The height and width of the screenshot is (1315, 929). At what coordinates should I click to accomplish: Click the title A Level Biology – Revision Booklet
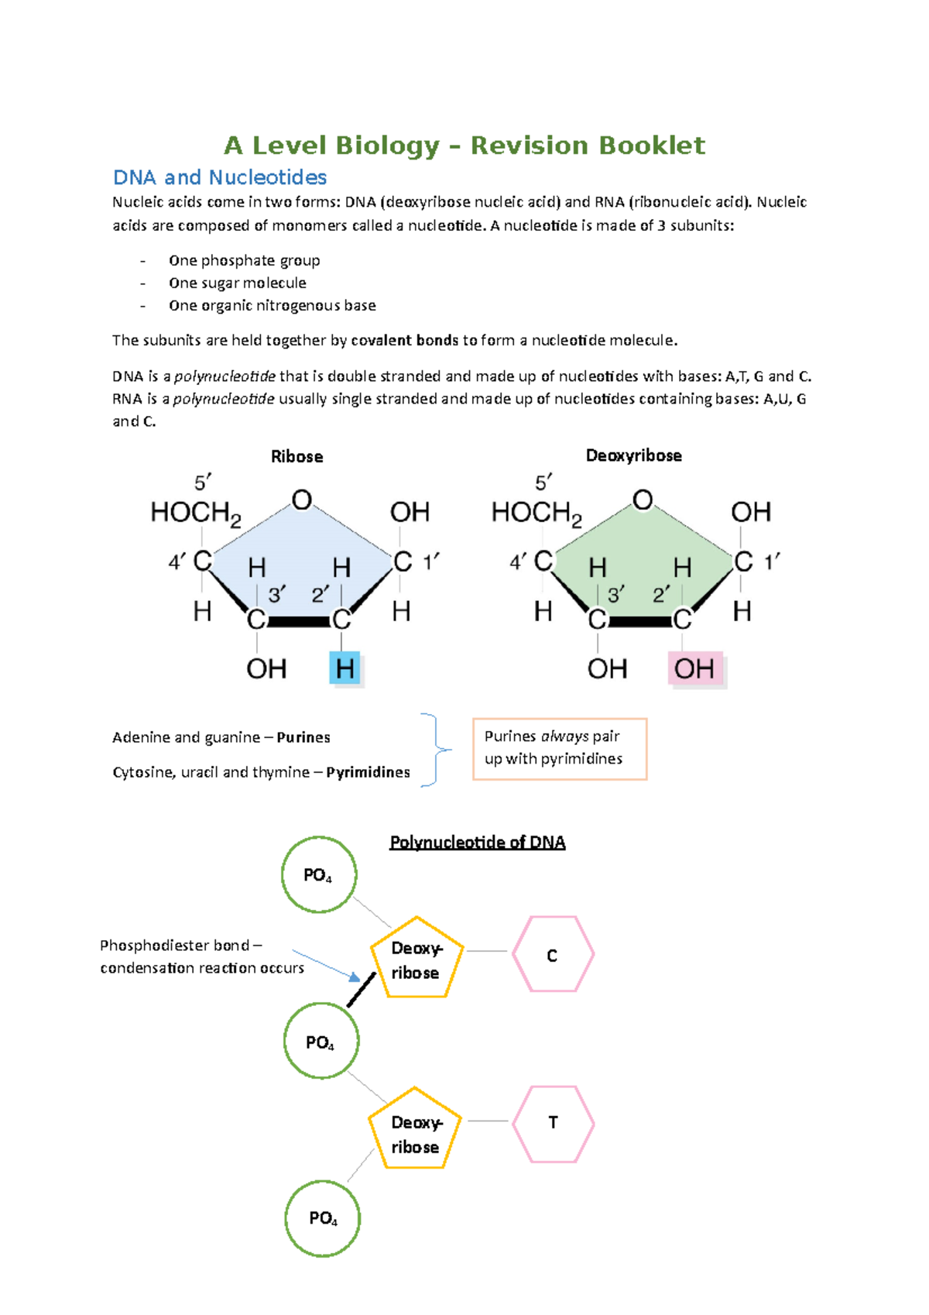coord(464,146)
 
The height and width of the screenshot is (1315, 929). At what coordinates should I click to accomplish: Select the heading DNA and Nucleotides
coord(220,177)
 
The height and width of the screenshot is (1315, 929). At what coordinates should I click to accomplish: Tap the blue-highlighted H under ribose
coord(345,668)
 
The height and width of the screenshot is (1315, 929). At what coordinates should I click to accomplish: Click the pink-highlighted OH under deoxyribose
coord(694,668)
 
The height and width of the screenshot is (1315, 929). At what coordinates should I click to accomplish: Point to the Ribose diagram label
coord(297,457)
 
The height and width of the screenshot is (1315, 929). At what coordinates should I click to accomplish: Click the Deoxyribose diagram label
coord(633,455)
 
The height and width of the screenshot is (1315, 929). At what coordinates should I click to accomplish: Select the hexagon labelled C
coord(553,954)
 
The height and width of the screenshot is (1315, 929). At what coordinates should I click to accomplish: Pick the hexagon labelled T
coord(553,1123)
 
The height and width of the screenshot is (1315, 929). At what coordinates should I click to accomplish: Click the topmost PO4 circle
coord(318,875)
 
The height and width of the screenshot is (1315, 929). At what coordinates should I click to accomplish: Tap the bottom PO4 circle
coord(323,1218)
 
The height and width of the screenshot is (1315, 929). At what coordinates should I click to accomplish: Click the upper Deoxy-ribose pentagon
coord(416,959)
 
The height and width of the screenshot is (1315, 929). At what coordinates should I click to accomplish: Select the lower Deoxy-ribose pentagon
coord(415,1131)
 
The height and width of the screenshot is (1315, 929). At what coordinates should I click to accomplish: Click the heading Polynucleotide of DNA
coord(477,843)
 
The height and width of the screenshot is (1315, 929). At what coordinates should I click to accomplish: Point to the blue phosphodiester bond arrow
coord(325,965)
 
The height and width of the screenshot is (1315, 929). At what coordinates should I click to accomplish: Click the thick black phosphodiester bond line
coord(361,990)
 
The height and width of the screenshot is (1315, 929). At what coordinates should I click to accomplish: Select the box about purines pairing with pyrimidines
coord(559,748)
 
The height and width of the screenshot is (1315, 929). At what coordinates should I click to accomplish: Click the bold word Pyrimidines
coord(368,772)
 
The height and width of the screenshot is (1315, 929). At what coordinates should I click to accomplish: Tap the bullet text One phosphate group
coord(244,261)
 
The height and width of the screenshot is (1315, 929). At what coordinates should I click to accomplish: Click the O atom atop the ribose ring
coord(302,500)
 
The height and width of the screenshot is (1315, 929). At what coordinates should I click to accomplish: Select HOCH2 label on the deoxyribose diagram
coord(536,513)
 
